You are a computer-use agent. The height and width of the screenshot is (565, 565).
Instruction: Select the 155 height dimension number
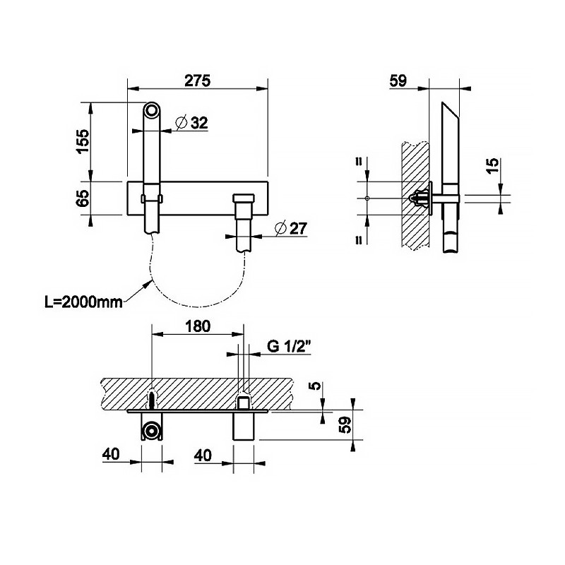click(83, 141)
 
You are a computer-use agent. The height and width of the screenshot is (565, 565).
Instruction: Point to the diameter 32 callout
click(191, 123)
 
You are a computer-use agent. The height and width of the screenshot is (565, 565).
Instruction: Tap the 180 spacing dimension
click(198, 326)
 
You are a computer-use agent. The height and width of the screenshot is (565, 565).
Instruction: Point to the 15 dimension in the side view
click(492, 165)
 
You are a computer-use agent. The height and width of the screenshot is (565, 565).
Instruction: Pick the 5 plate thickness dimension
click(316, 387)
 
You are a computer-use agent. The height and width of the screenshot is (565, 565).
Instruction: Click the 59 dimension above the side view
click(398, 81)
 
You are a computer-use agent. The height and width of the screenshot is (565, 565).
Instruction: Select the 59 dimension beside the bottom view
click(345, 426)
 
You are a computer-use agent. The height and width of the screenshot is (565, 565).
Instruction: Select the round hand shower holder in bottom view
click(150, 431)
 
